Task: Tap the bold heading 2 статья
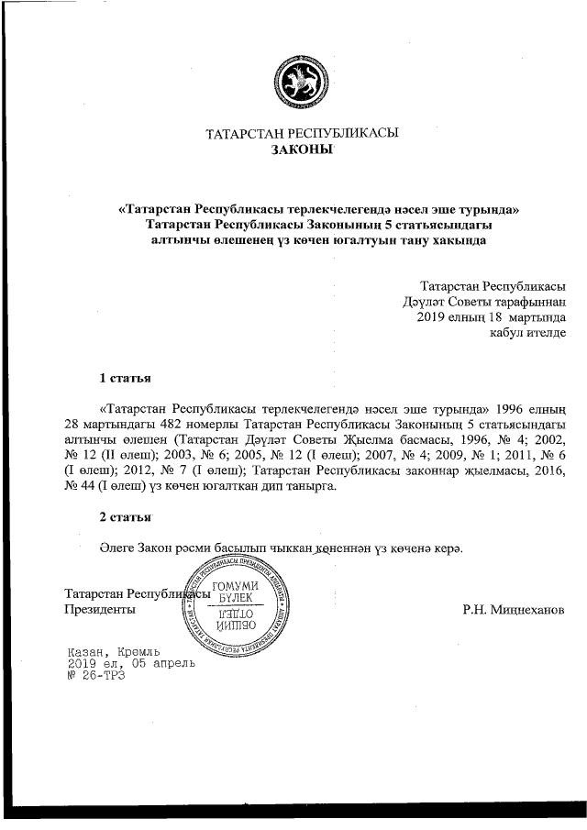(125, 516)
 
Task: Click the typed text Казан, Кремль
(115, 649)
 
